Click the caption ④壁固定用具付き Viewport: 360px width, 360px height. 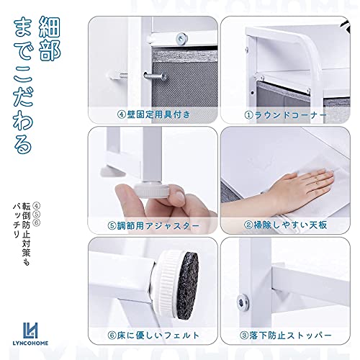coord(153,114)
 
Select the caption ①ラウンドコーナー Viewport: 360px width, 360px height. coord(286,115)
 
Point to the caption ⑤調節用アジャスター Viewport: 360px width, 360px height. coord(153,225)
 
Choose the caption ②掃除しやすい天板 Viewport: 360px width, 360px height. coord(286,225)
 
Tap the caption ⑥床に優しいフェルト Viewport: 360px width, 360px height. coord(153,336)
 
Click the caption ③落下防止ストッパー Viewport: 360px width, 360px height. coord(286,336)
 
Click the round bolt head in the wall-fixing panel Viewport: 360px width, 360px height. coord(181,38)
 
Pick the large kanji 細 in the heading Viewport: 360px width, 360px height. coord(49,27)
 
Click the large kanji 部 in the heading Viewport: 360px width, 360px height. coord(50,50)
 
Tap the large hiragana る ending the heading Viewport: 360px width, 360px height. coord(23,143)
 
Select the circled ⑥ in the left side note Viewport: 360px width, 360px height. coord(37,222)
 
